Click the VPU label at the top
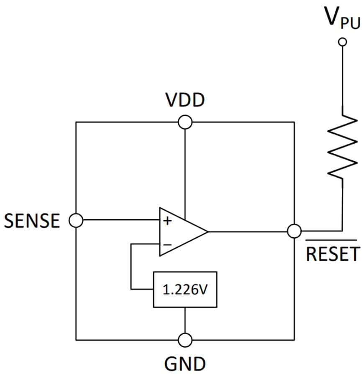342,18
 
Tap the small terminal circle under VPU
343,41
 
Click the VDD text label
185,101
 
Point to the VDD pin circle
185,122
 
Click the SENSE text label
32,221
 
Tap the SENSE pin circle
76,220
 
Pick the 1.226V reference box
185,290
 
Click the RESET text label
333,254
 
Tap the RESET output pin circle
295,231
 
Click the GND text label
185,363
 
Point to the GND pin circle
185,340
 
